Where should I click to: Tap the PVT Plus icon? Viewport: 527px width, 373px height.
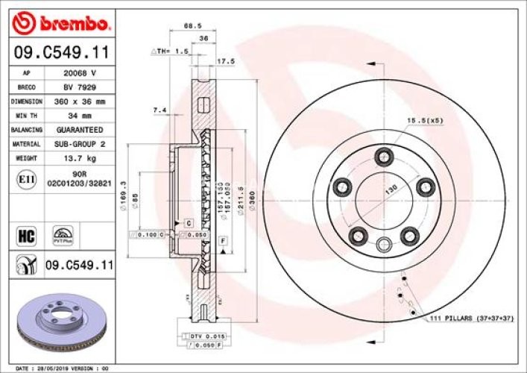pos(62,235)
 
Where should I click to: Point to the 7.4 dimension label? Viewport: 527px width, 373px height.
pos(159,110)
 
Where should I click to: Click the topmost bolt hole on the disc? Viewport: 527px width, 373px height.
pos(385,156)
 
